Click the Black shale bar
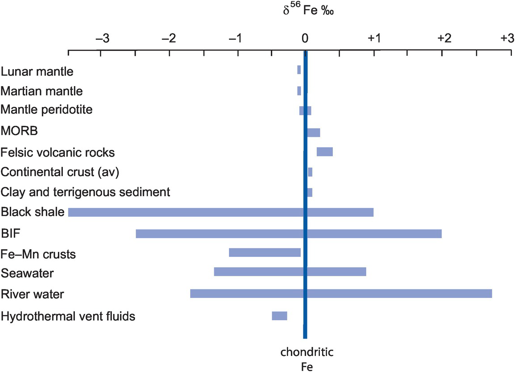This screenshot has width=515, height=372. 221,212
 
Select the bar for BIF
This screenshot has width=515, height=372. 289,234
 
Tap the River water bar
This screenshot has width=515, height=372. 341,293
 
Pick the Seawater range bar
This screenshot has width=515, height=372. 290,272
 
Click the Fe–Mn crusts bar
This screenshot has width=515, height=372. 265,252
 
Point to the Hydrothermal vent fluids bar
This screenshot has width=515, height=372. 279,316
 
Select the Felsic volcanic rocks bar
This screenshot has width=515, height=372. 324,152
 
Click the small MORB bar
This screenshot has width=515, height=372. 314,132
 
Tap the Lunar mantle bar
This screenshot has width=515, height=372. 299,70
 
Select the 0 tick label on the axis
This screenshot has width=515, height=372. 305,38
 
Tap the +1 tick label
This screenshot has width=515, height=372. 374,38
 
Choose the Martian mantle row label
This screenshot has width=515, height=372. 41,91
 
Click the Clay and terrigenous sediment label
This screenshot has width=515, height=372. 85,192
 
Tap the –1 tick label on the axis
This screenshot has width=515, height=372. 236,38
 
